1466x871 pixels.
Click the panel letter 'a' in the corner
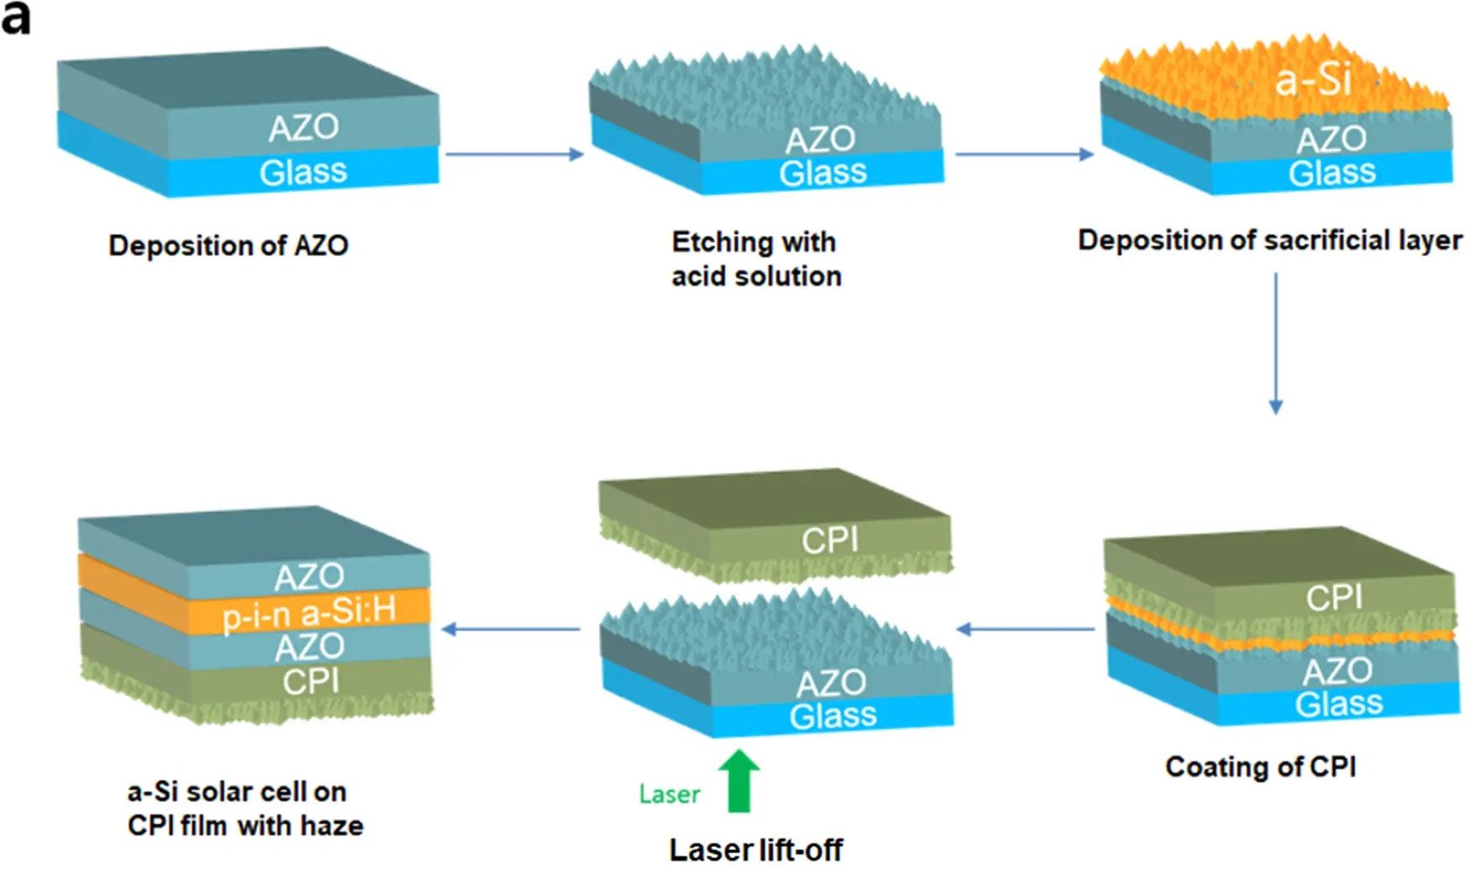click(x=15, y=18)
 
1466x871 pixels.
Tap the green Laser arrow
click(x=738, y=780)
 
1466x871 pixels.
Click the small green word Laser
click(x=669, y=794)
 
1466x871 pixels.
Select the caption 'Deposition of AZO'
click(x=229, y=245)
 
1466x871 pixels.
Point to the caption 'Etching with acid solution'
click(x=755, y=259)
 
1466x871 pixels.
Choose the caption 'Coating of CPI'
click(x=1260, y=766)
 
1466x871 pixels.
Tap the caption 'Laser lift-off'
click(x=755, y=849)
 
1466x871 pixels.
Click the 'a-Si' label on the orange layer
click(x=1312, y=81)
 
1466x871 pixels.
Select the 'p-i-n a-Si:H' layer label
click(x=308, y=612)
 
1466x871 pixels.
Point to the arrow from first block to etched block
click(x=514, y=154)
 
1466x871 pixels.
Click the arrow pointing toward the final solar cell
click(x=511, y=629)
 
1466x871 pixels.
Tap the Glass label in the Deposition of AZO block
click(x=302, y=172)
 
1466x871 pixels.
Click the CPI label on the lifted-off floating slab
click(x=829, y=540)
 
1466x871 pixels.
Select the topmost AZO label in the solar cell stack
click(x=308, y=576)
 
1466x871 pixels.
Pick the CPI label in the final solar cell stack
click(x=311, y=681)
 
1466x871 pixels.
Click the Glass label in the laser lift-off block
click(x=833, y=716)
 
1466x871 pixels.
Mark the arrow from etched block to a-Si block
click(x=1024, y=154)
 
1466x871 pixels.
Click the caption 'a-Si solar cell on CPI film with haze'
click(x=244, y=808)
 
